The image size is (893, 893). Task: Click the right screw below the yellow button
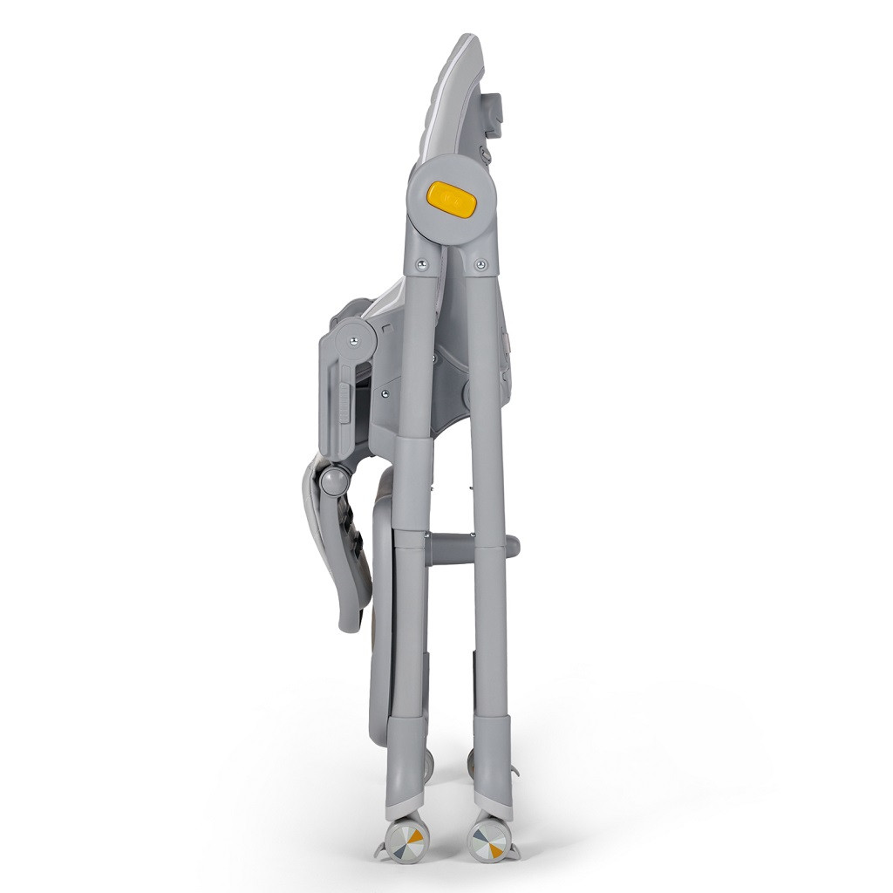(481, 262)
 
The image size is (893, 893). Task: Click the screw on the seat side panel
(384, 392)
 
